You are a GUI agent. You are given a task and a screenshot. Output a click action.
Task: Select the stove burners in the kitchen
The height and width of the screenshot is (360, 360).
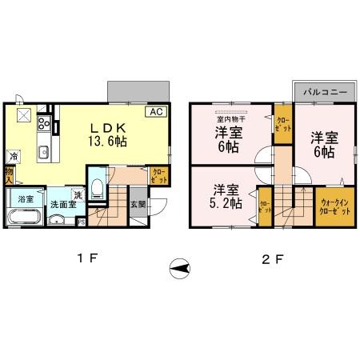[x=44, y=125]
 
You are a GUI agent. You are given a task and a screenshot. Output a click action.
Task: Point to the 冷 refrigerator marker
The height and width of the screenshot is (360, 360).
[x=14, y=156]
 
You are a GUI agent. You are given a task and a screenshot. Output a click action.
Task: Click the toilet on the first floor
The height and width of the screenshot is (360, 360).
[x=96, y=189]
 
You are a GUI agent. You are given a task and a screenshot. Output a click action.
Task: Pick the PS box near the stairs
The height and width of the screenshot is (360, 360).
[x=81, y=222]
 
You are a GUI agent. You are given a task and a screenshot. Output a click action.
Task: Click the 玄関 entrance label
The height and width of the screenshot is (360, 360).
[x=137, y=204]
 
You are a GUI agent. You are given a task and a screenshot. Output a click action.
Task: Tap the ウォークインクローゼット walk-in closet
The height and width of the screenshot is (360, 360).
[x=334, y=206]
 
